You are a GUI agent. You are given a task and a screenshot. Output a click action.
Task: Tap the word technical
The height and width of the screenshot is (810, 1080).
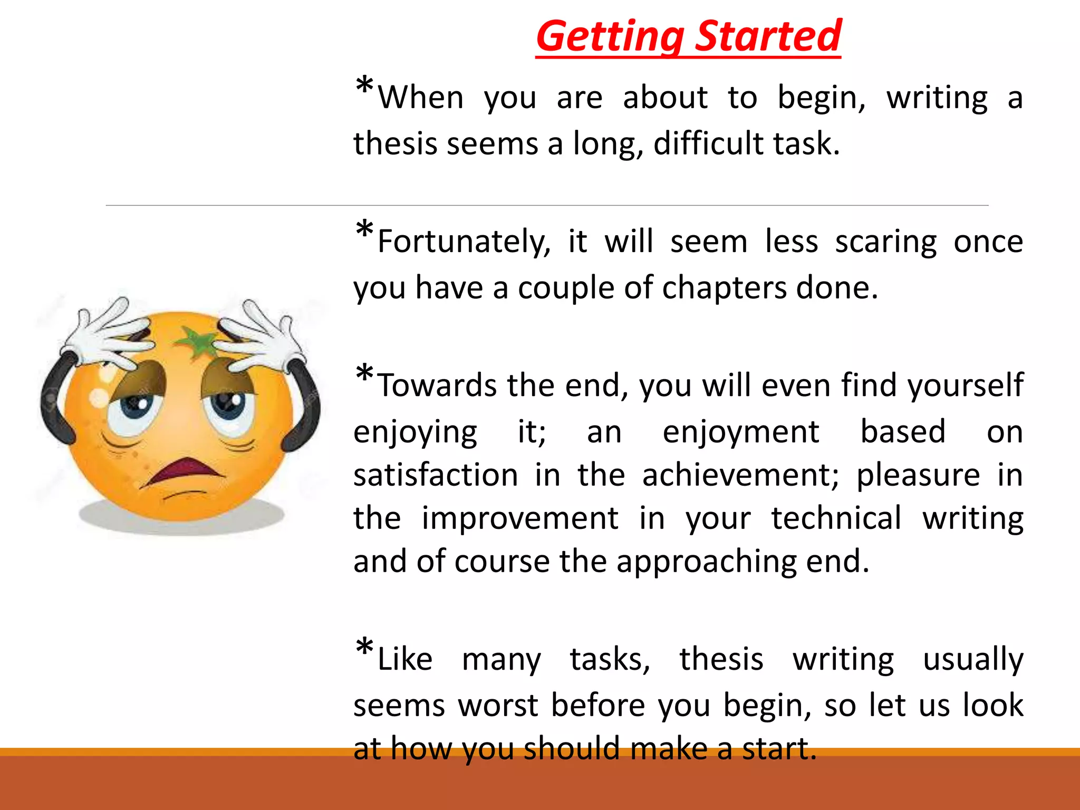[x=836, y=518]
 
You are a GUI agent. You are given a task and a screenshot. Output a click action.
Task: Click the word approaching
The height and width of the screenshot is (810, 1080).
[x=706, y=561]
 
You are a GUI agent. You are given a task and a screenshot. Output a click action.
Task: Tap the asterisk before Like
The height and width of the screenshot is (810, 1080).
[x=364, y=647]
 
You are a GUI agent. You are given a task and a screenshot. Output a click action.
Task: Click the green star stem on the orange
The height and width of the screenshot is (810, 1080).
[x=198, y=342]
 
